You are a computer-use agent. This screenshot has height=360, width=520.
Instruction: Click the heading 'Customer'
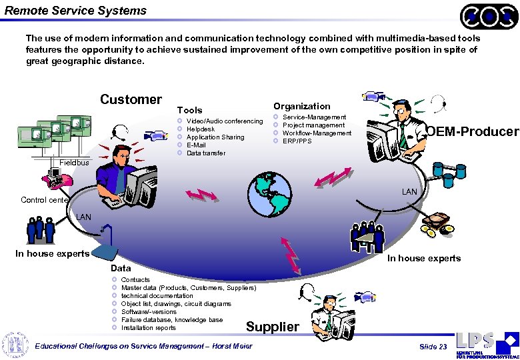[131, 99]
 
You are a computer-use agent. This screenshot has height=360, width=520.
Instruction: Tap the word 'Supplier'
[273, 327]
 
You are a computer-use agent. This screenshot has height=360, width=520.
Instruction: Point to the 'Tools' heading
[189, 110]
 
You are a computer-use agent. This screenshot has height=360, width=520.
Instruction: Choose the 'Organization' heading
[301, 106]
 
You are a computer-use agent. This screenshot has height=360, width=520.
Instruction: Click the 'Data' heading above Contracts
[121, 268]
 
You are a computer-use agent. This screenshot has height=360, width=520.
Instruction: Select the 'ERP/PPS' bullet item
[297, 141]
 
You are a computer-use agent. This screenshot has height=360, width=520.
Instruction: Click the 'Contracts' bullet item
[135, 280]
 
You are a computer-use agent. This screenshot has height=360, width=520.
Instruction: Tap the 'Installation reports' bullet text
[148, 328]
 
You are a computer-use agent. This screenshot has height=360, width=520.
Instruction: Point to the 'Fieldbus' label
[73, 163]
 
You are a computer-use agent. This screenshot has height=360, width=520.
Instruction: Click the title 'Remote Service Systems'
[75, 11]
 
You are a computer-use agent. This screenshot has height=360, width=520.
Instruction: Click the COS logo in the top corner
[489, 16]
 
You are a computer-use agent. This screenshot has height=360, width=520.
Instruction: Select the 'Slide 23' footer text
[433, 347]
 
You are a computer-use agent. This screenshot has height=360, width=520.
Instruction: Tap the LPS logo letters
[475, 340]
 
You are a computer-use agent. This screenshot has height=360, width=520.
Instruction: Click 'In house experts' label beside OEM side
[424, 259]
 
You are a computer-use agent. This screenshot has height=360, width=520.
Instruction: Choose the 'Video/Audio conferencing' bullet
[225, 121]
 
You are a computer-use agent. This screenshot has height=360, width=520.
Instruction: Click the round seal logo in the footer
[15, 344]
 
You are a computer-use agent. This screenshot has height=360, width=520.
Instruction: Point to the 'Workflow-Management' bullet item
[317, 133]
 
